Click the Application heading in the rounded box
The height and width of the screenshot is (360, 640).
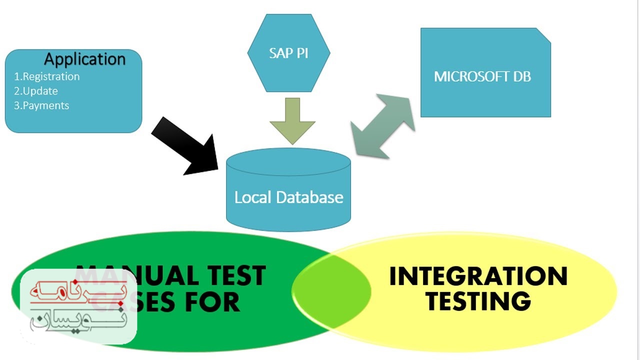[84, 59]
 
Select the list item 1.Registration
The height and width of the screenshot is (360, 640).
[46, 76]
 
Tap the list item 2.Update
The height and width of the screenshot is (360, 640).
[35, 91]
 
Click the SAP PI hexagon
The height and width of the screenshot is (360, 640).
[288, 53]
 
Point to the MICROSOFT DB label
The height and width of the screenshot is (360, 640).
[482, 76]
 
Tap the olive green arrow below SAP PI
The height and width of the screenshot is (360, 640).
[292, 120]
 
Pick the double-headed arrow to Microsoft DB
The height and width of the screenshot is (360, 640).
[383, 126]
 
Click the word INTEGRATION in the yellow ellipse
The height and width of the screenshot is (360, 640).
[478, 276]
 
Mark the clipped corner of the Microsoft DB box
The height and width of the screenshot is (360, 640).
[544, 34]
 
